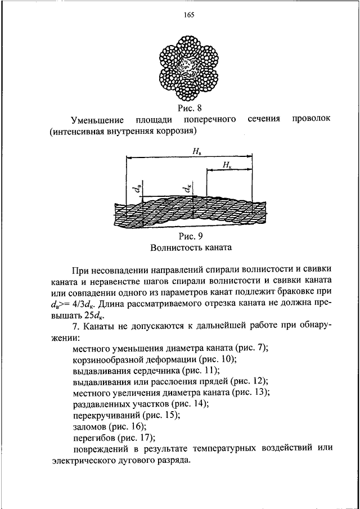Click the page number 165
188,15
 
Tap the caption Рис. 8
190,107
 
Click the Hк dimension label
227,165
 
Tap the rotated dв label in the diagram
138,189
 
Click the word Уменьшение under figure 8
98,120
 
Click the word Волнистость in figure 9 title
174,248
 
